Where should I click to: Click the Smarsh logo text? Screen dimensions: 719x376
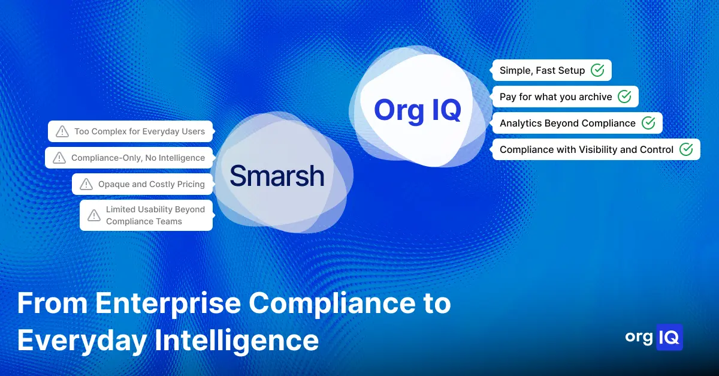[x=277, y=176]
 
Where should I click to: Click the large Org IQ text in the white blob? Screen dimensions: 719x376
[x=418, y=110]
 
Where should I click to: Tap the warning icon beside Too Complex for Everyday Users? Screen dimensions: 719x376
[x=62, y=131]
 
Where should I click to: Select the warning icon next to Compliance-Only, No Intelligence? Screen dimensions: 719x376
[x=59, y=158]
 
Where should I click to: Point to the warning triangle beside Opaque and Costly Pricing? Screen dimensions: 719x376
[x=86, y=184]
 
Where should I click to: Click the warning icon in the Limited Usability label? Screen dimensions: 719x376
[x=94, y=215]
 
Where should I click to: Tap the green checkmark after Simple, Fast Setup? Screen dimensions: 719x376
[x=597, y=70]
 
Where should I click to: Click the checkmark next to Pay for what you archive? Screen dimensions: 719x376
[x=624, y=97]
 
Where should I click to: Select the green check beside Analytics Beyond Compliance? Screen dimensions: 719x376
[x=648, y=123]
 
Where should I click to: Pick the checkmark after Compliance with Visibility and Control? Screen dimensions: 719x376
[x=686, y=149]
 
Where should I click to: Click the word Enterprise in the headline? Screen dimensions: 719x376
[x=168, y=303]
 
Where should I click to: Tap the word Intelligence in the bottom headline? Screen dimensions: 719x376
[x=237, y=341]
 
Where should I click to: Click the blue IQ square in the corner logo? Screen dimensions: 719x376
[x=669, y=338]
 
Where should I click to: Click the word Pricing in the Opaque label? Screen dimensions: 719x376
[x=191, y=185]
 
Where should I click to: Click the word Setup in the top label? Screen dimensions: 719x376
[x=570, y=71]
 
